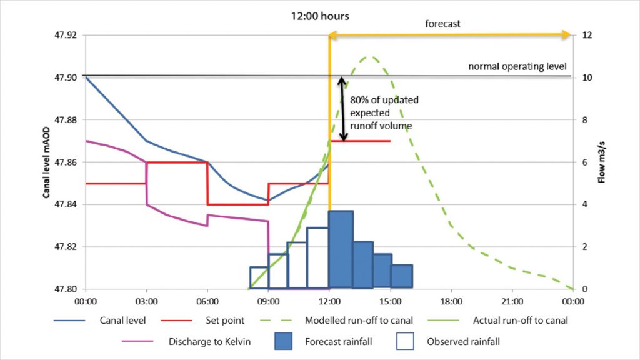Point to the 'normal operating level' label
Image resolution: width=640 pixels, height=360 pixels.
(517, 66)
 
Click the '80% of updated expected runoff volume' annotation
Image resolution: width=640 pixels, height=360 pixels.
(384, 113)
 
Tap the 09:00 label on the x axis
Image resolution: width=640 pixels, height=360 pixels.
(268, 301)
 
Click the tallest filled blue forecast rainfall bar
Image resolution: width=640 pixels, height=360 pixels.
(341, 250)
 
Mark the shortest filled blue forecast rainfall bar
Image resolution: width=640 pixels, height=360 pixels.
(402, 277)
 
